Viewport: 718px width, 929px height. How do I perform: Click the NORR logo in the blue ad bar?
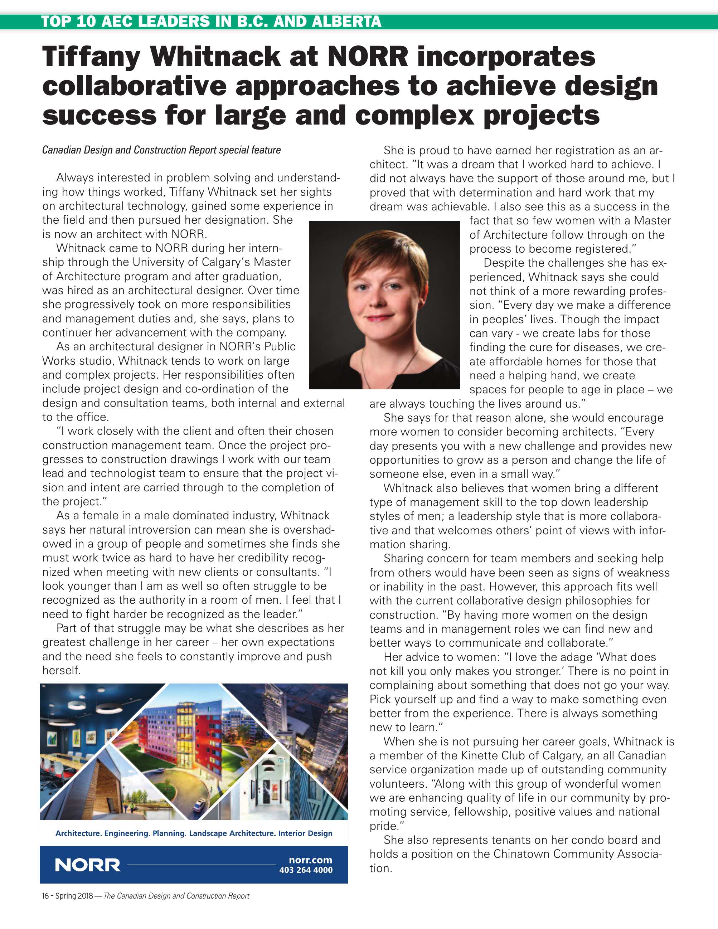coord(88,865)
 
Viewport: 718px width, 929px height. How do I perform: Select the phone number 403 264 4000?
coord(305,870)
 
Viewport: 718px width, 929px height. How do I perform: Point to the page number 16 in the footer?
coord(45,896)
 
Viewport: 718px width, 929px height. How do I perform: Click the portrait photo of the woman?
coord(384,305)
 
